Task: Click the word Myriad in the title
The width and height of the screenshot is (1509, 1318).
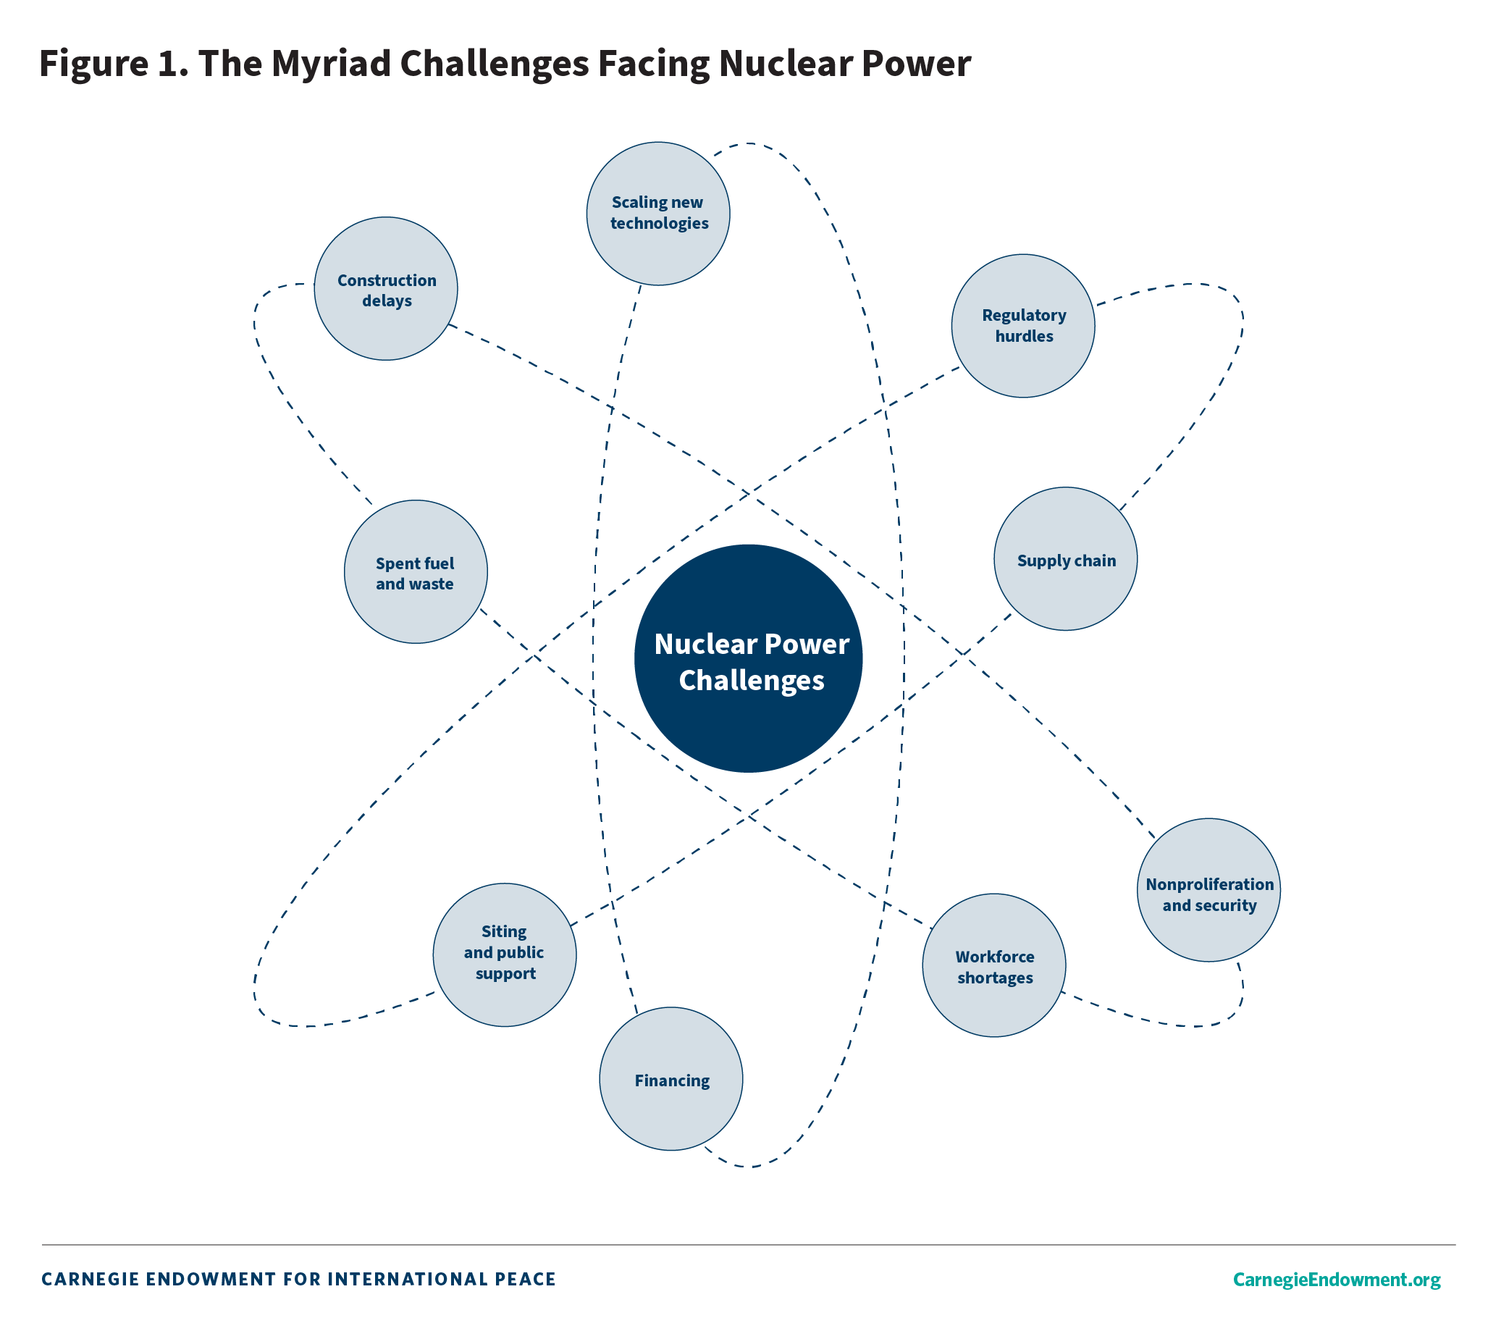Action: coord(333,63)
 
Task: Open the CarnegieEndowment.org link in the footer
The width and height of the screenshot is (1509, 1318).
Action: coord(1336,1279)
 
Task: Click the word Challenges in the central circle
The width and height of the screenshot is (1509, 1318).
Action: coord(751,680)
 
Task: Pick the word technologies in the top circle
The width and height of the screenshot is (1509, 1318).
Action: coord(659,224)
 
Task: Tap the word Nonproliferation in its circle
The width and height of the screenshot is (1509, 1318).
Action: coord(1209,885)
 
